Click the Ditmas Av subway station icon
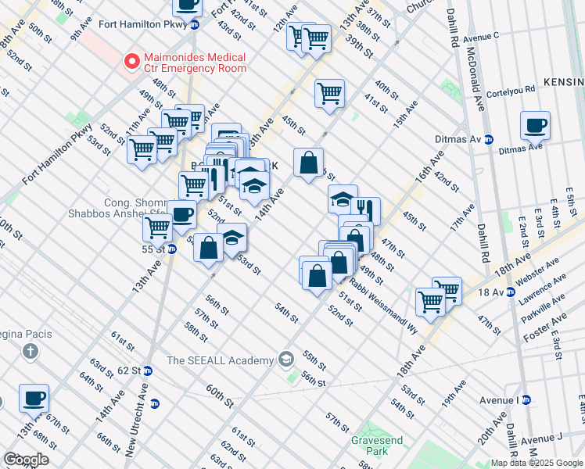489,139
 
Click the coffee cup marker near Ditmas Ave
535,125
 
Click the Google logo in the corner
26,460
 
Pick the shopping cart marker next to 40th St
329,93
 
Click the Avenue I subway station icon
526,400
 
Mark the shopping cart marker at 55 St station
157,228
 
